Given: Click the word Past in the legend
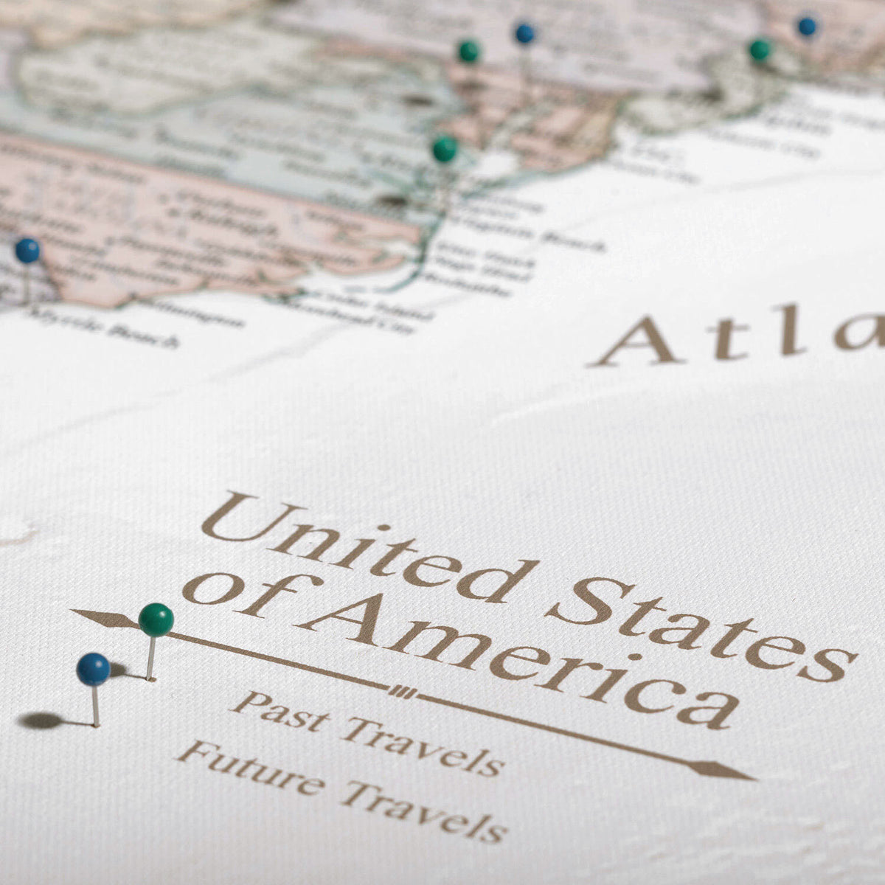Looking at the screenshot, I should [280, 711].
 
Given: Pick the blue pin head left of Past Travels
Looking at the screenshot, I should [93, 668].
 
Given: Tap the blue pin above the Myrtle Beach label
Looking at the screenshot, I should [27, 250].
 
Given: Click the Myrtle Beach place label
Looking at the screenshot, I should [103, 328].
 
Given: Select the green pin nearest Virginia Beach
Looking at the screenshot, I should [444, 149].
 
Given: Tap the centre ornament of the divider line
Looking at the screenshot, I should [401, 691].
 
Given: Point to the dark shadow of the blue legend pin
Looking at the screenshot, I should [41, 720].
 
